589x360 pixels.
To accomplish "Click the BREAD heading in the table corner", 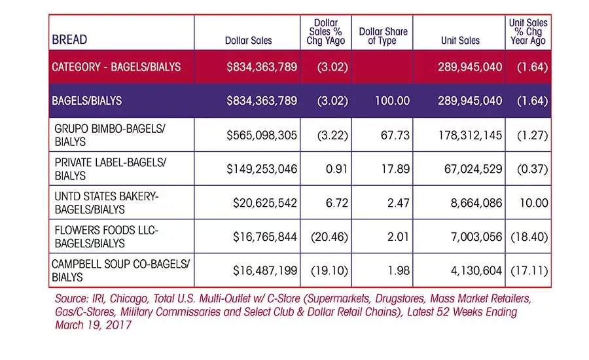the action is (69, 39).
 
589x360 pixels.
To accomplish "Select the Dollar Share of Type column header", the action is (383, 36).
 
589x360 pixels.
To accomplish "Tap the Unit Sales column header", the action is (460, 41).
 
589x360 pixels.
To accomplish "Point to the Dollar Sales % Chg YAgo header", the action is (326, 32).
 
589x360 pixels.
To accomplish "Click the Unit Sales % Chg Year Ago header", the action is (528, 32).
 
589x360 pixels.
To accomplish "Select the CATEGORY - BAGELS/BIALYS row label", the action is (116, 67).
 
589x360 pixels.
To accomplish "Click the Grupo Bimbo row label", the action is (110, 135).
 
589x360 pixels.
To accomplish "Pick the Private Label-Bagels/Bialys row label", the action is (110, 169).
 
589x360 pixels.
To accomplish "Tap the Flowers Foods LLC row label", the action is (106, 237).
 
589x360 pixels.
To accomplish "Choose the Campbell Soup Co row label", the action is (120, 270).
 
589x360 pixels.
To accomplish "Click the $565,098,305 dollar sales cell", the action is (262, 135).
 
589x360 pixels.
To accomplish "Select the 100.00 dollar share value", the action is (392, 101).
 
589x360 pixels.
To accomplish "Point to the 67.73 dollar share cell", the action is (395, 135).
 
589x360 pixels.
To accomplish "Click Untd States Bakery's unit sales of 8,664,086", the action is (476, 203).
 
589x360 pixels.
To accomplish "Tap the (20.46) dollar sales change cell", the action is (329, 237).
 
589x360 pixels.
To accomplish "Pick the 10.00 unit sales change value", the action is (534, 203).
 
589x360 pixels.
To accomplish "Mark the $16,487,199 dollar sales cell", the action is (265, 270).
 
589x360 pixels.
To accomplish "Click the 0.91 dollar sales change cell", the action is (336, 169).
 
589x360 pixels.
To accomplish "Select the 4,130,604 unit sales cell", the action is (476, 270).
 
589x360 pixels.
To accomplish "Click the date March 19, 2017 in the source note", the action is (93, 325).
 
